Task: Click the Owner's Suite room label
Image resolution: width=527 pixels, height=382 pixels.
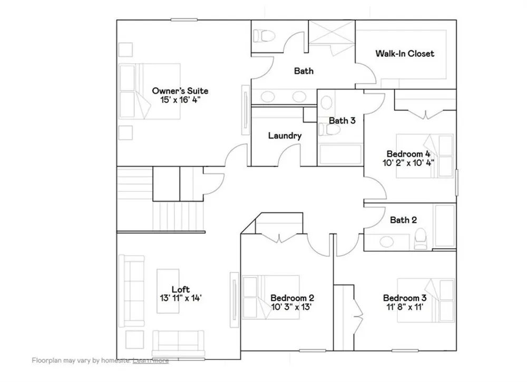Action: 180,91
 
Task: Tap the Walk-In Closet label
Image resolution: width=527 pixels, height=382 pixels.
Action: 405,53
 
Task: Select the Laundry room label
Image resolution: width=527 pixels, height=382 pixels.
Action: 285,136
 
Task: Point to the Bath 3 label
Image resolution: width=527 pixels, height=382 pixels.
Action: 342,120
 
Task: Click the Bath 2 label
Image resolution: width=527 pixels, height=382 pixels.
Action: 403,220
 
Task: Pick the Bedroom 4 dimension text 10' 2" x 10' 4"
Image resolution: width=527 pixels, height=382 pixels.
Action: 408,163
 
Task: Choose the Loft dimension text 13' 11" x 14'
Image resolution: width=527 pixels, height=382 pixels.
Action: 181,298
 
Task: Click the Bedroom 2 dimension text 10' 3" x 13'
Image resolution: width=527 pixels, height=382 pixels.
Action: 292,307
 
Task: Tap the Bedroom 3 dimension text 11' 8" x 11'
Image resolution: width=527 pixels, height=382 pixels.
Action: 405,307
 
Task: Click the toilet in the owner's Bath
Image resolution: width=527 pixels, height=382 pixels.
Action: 263,35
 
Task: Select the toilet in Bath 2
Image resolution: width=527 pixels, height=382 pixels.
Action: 420,238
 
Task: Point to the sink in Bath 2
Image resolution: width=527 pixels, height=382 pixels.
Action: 386,241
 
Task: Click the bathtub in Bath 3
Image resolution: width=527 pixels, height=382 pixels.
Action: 340,154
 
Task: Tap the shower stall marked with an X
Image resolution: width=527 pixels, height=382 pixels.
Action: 331,32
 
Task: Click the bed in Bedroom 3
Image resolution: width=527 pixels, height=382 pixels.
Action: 425,300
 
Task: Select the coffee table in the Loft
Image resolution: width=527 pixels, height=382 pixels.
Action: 168,291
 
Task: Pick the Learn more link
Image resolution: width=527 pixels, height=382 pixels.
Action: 151,360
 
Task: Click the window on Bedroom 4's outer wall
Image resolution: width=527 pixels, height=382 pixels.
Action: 456,182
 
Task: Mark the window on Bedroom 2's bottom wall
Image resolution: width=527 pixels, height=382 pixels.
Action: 312,351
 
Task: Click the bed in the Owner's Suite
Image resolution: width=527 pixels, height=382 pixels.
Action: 150,91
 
